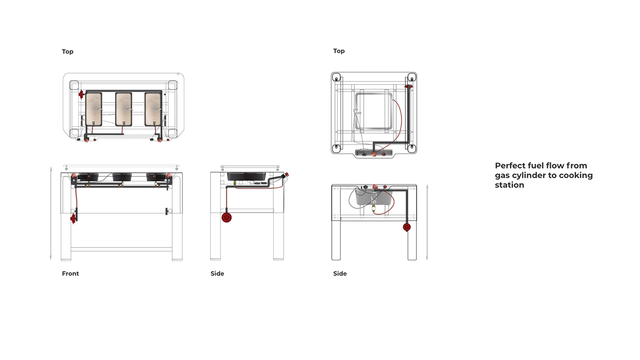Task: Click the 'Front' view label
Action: [x=70, y=274]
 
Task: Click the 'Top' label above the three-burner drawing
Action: [x=68, y=52]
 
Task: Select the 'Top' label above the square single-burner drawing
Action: [x=339, y=51]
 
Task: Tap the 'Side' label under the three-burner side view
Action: [x=217, y=274]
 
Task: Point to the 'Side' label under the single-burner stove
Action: [x=340, y=274]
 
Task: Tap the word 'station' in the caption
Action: [x=509, y=185]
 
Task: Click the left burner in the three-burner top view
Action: [x=93, y=109]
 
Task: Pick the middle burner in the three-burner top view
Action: [x=123, y=109]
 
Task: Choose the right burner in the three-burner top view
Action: [x=153, y=109]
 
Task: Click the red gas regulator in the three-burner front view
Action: [x=73, y=218]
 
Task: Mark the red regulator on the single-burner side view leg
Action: [x=407, y=227]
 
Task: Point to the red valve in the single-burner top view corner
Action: [x=409, y=86]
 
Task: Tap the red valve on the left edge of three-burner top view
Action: [x=81, y=95]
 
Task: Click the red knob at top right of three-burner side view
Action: [x=286, y=174]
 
